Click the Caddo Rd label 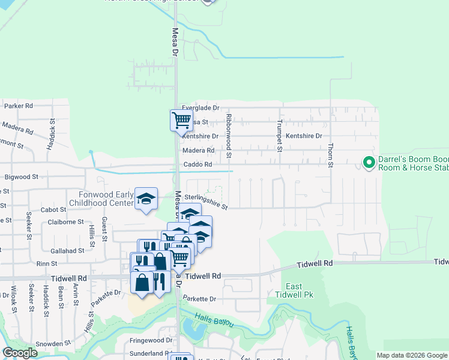coord(198,164)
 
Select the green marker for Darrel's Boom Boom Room coord(369,163)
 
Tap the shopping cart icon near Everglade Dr coord(181,120)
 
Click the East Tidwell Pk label coord(294,290)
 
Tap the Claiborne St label coord(66,222)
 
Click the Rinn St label coord(46,263)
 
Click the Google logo coord(20,353)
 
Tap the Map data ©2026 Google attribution coord(412,355)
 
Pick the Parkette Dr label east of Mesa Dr coord(199,299)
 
